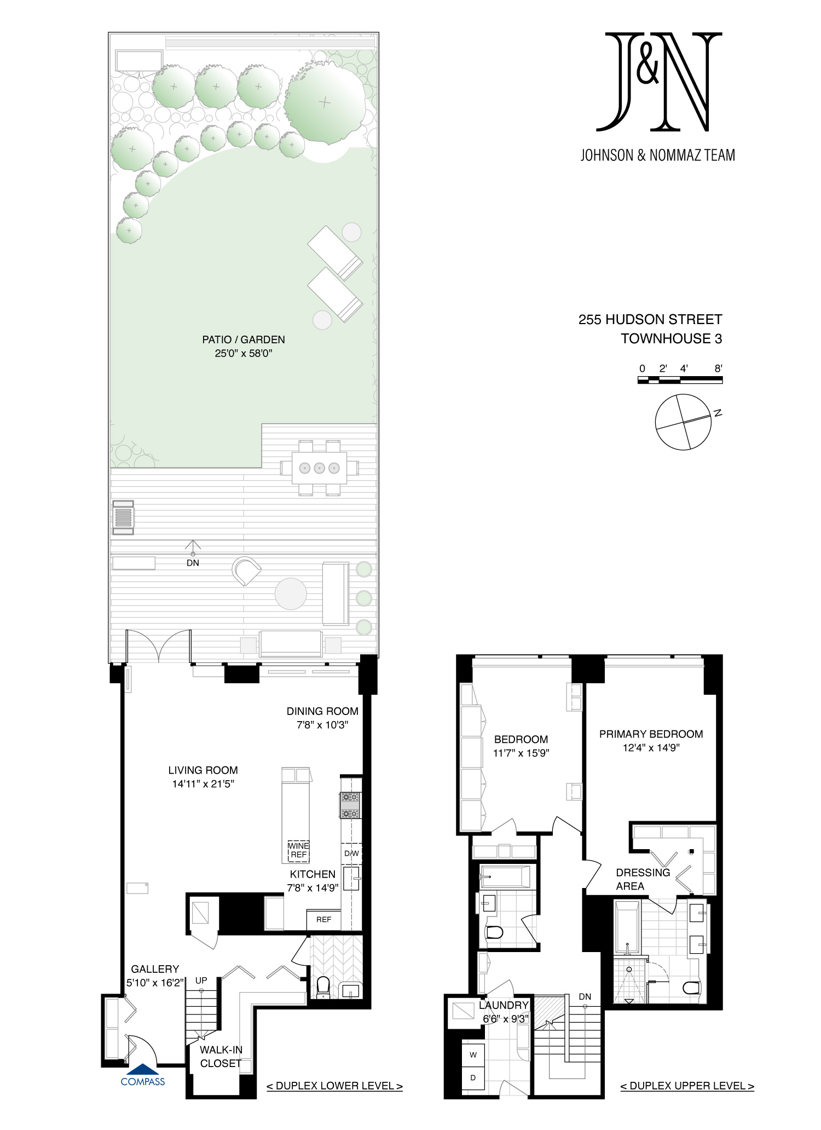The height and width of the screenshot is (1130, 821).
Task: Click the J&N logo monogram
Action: tap(659, 82)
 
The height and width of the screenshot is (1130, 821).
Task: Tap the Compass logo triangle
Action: tap(142, 1069)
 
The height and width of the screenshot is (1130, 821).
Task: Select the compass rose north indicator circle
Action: tap(683, 422)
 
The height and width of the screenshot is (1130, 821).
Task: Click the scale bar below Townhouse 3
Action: tap(680, 379)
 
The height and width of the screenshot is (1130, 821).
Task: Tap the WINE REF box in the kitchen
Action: tap(298, 851)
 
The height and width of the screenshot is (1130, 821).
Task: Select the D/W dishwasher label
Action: tap(351, 854)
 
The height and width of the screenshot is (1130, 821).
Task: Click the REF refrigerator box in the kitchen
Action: tap(323, 920)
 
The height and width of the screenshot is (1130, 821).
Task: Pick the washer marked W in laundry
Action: tap(473, 1054)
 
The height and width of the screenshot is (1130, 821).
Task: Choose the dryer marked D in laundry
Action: tap(473, 1077)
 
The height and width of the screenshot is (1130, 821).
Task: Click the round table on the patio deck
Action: tap(291, 593)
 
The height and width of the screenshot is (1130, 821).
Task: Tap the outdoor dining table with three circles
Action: tap(320, 468)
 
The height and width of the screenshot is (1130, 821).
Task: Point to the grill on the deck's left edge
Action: tap(123, 517)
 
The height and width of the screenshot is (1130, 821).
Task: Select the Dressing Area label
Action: tap(643, 879)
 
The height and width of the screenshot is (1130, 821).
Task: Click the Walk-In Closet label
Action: tap(221, 1057)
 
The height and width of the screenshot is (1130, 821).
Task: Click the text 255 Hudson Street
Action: tap(650, 320)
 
